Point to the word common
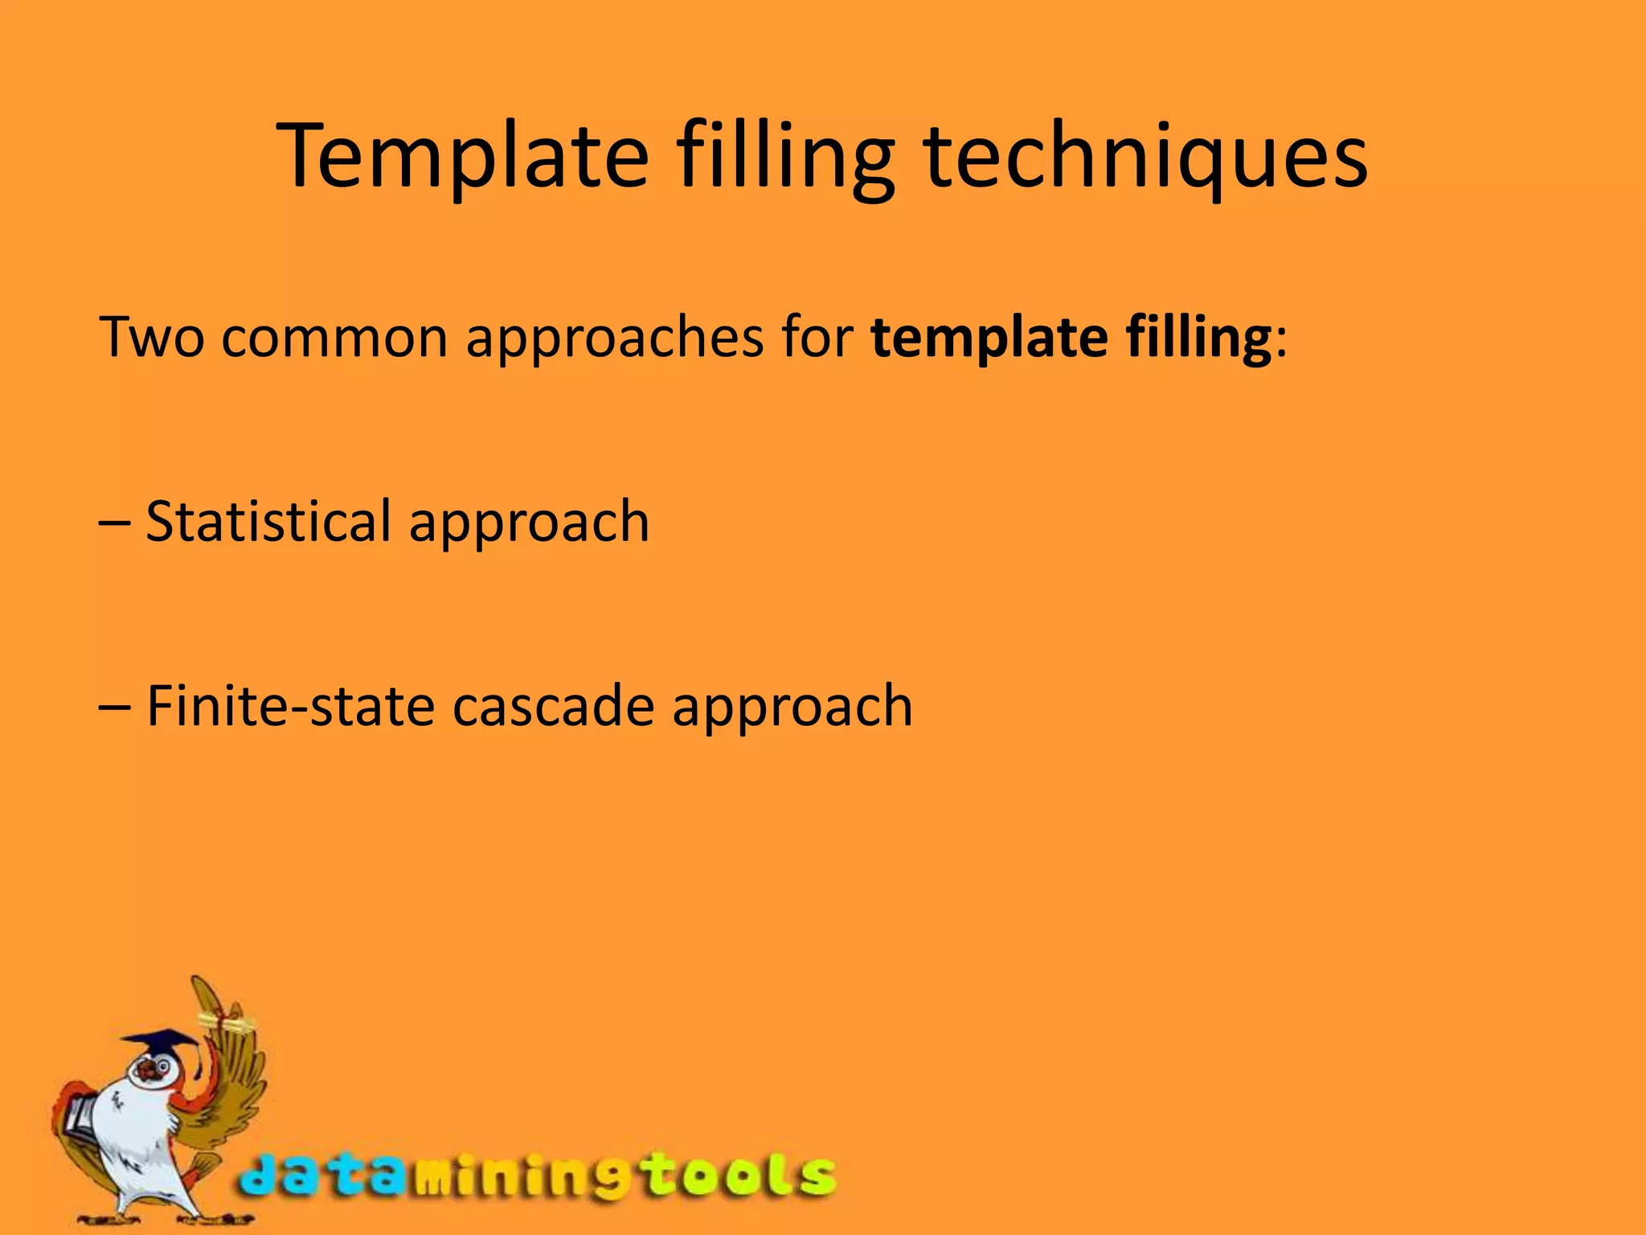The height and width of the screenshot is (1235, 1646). pyautogui.click(x=334, y=337)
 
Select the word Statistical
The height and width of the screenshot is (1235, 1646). pyautogui.click(x=268, y=522)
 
